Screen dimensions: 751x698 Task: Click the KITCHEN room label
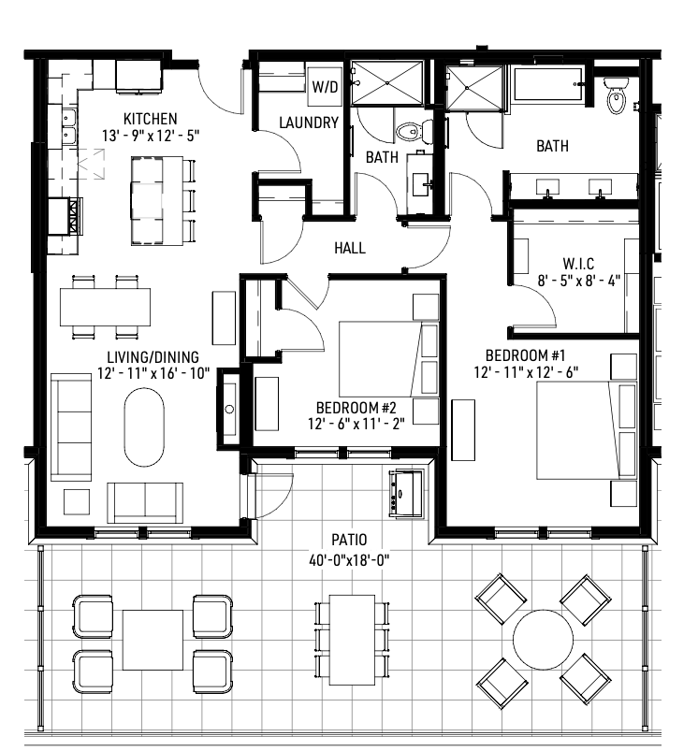[x=151, y=119]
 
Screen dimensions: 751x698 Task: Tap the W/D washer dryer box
[x=325, y=87]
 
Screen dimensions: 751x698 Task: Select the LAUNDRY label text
[x=309, y=123]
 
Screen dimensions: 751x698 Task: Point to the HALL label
[x=350, y=249]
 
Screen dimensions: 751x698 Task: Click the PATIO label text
[x=348, y=540]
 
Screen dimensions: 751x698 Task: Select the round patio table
[x=543, y=640]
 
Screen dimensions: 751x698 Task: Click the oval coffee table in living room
[x=145, y=426]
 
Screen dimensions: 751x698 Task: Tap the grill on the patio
[x=406, y=492]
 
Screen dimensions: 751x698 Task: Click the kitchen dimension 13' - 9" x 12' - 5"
[x=151, y=136]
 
